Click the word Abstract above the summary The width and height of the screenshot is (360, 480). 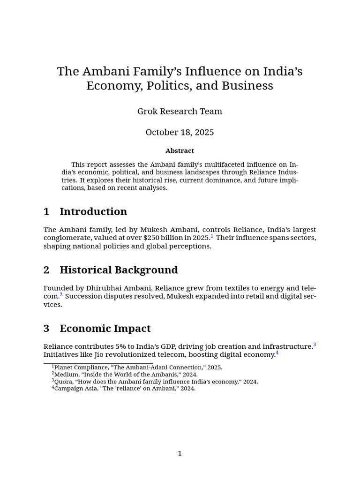[180, 151]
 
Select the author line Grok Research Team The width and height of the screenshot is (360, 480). [180, 112]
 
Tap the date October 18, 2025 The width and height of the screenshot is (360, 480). [180, 132]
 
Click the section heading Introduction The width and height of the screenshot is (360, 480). [93, 211]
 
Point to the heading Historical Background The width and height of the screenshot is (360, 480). [119, 270]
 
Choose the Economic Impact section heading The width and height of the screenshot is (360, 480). [105, 329]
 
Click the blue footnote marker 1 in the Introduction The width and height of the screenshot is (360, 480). [212, 236]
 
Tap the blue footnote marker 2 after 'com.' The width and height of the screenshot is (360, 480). [61, 295]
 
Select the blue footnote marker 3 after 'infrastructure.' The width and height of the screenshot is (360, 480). [315, 345]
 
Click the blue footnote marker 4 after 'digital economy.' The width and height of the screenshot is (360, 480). [277, 353]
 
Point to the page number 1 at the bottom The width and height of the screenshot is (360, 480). [180, 453]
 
